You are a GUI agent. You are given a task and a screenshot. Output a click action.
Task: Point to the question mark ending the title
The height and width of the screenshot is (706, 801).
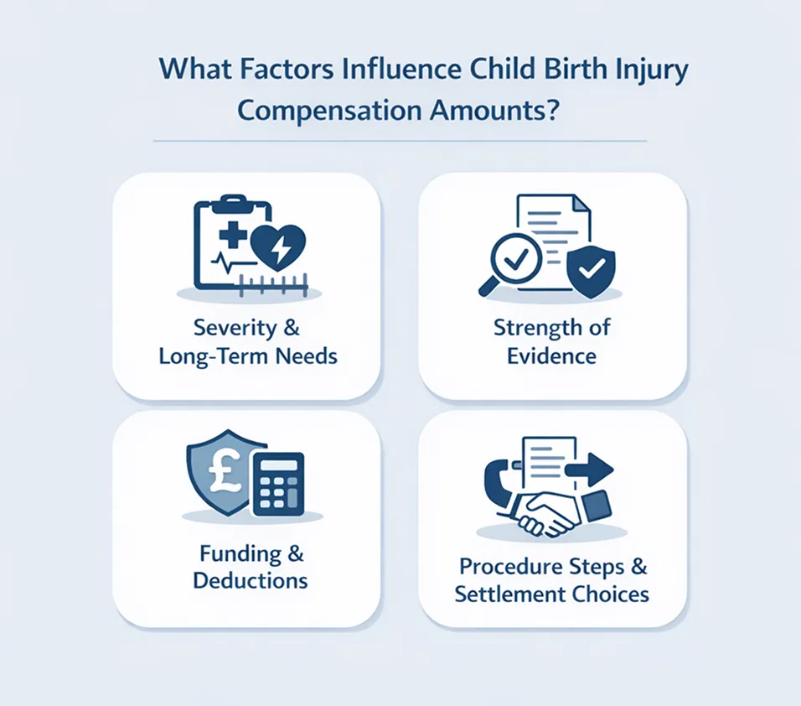(550, 111)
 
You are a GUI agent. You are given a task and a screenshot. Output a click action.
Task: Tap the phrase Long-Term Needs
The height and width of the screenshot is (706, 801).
(248, 356)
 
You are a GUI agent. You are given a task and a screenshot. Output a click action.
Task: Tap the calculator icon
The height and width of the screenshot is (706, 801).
(278, 483)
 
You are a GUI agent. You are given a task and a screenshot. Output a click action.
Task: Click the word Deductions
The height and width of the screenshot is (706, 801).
(251, 580)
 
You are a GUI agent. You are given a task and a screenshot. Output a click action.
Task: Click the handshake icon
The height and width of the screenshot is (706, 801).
(549, 512)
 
